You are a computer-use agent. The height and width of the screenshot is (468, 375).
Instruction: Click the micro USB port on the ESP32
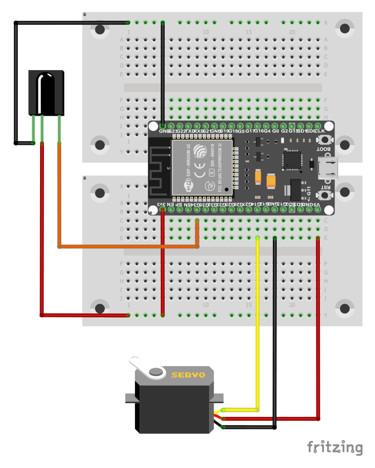(328, 167)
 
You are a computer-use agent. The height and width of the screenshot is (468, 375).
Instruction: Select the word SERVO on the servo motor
(188, 375)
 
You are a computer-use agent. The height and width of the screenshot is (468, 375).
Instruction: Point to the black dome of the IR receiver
(45, 93)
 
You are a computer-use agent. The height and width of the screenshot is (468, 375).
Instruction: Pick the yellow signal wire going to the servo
(258, 323)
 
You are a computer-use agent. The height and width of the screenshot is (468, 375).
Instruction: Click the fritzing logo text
(334, 447)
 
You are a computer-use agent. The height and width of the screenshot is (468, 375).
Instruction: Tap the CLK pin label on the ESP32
(320, 131)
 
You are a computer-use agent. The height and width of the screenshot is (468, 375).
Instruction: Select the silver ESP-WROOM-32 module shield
(202, 167)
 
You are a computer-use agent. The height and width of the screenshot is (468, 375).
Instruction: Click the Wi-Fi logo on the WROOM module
(188, 187)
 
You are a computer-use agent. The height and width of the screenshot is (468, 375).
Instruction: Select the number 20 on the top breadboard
(292, 32)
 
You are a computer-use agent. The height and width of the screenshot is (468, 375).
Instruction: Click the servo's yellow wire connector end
(223, 410)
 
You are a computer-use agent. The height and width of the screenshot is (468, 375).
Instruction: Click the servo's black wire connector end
(223, 427)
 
